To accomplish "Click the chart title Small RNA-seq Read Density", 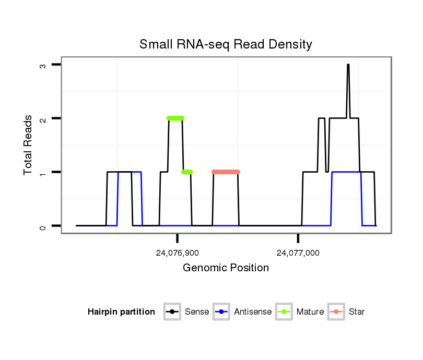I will coord(226,44).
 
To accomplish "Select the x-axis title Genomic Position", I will coord(226,268).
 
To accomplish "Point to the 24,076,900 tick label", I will coord(178,253).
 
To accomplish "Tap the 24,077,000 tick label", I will coord(298,253).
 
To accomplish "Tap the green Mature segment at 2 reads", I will coord(175,118).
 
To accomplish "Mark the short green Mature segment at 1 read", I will coord(187,172).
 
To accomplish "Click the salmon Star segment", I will coord(226,172).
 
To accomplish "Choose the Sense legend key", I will coord(172,312).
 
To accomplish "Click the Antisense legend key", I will coord(221,312).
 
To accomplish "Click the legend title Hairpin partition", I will coord(121,312).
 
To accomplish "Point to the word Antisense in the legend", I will coord(253,312).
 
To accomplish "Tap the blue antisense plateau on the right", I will coord(346,172).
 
